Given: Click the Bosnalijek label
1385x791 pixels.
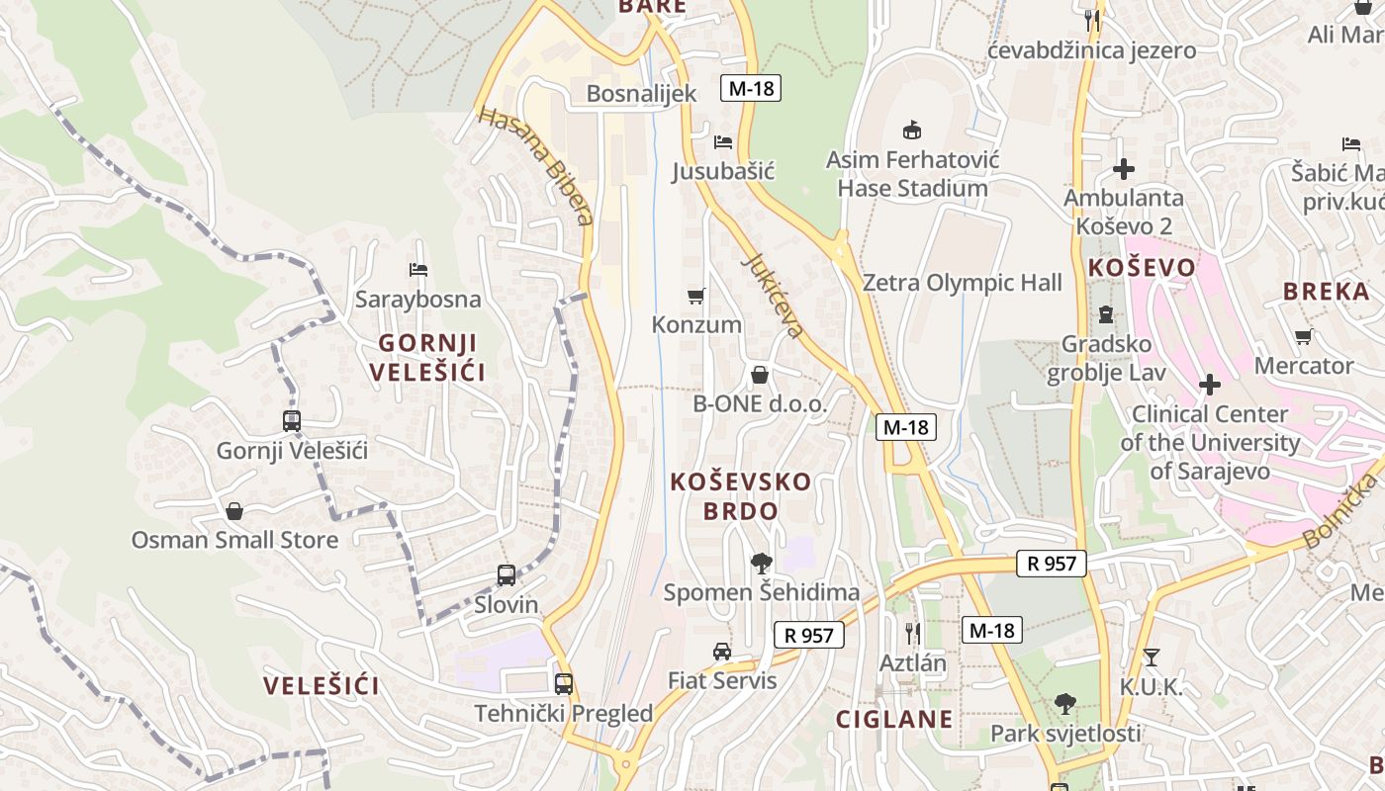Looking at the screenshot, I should (x=641, y=94).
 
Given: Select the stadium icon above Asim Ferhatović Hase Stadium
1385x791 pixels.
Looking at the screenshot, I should (x=912, y=130).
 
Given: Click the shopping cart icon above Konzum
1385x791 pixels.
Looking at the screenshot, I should (x=696, y=296).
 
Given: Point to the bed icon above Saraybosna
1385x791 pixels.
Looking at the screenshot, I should (x=418, y=270).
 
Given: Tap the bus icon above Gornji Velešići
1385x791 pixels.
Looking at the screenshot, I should (x=292, y=421).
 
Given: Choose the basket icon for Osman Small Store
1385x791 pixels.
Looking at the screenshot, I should (x=234, y=511).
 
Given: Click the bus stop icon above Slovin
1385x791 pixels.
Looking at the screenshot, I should (x=507, y=574).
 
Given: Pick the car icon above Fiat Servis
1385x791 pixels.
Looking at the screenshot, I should (x=722, y=652).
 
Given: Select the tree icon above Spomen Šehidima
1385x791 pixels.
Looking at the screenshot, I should (x=761, y=564).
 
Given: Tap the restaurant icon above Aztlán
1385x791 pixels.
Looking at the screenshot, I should (x=913, y=633).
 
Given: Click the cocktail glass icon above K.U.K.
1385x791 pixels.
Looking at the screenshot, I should (x=1151, y=658).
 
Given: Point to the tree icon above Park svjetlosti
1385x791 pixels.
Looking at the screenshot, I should (x=1065, y=704).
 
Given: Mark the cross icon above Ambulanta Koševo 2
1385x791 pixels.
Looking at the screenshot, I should (x=1123, y=168).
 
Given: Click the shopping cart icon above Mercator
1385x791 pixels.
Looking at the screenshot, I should (x=1304, y=337).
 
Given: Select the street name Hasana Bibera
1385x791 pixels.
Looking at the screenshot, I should (x=535, y=165).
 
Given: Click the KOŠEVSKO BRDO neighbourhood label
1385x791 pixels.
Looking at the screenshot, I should (x=741, y=496).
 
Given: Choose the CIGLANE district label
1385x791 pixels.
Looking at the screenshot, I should (x=894, y=719).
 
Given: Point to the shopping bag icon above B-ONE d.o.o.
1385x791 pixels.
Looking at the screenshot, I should (x=760, y=375).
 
